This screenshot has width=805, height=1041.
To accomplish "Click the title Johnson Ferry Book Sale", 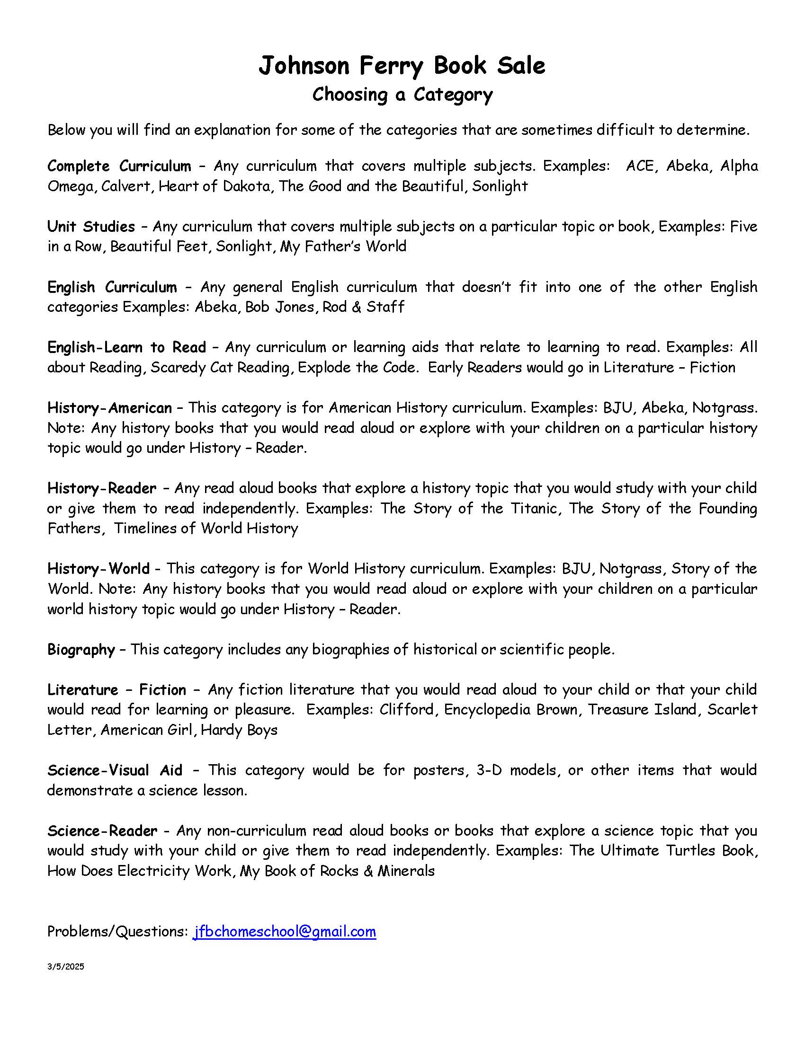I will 402,66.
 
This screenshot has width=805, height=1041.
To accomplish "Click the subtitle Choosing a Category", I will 402,94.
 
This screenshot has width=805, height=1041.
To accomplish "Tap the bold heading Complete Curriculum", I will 119,166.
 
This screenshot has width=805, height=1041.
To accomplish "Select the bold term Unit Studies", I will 91,226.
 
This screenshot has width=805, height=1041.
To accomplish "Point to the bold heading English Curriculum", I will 112,287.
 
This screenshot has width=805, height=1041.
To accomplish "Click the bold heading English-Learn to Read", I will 127,347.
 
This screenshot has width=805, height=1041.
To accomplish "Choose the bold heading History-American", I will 110,407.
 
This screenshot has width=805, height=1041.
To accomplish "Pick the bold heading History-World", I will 98,568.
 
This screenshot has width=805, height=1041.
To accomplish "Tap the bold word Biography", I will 81,649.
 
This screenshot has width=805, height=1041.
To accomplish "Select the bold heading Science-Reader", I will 102,830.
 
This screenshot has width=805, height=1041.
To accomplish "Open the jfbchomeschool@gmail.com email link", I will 284,931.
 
